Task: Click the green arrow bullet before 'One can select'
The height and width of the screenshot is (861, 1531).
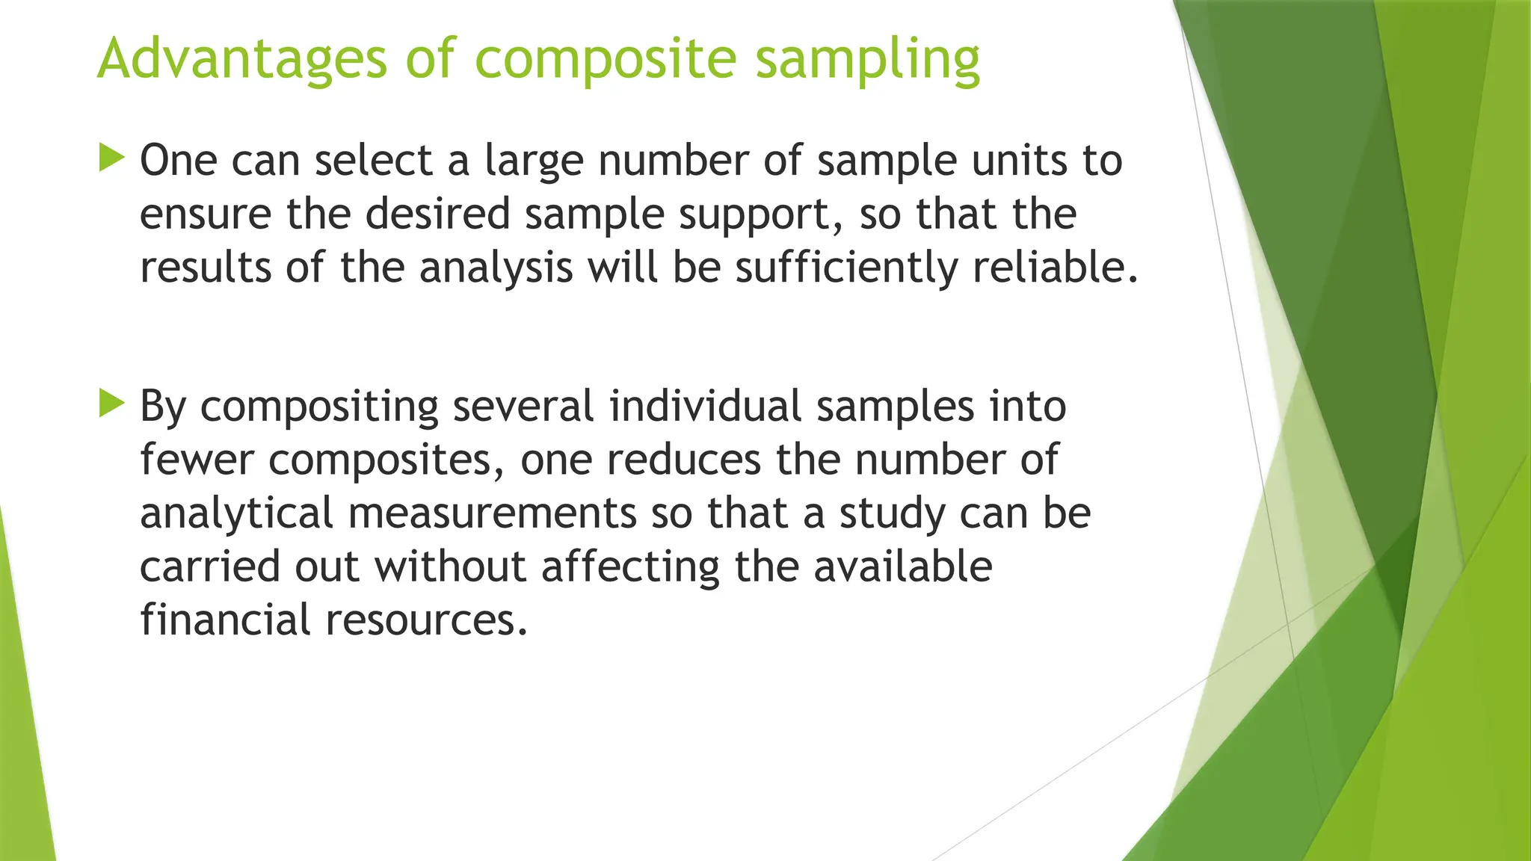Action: click(111, 158)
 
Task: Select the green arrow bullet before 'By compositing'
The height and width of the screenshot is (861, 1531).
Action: click(111, 404)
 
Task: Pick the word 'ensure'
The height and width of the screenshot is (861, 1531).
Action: click(206, 215)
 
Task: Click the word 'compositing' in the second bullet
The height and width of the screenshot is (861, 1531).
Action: click(319, 407)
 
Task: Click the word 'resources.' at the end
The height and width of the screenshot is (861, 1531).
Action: click(427, 621)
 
